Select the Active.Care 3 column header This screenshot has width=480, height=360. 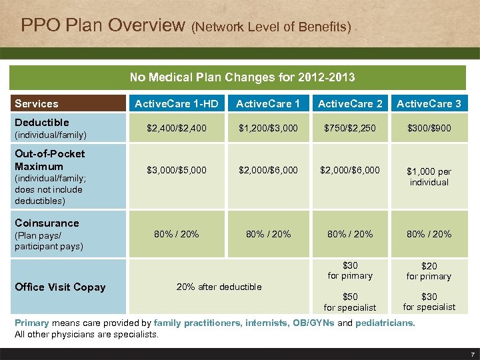coord(429,103)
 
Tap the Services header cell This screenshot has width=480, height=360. coord(37,103)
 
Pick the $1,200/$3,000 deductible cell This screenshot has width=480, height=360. coord(268,127)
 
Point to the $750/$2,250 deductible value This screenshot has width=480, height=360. coord(350,127)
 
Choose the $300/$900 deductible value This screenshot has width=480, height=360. coord(429,127)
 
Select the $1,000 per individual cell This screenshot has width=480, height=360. coord(429,177)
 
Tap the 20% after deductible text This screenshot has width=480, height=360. coord(219,287)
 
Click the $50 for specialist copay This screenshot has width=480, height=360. coord(350,302)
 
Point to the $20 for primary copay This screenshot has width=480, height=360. coord(429,271)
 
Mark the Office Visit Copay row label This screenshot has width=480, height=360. coord(60,287)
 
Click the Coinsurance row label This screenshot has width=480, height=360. coord(47,223)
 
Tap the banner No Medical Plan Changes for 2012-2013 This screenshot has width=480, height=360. coord(242,77)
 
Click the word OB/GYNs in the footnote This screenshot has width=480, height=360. coord(313,323)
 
